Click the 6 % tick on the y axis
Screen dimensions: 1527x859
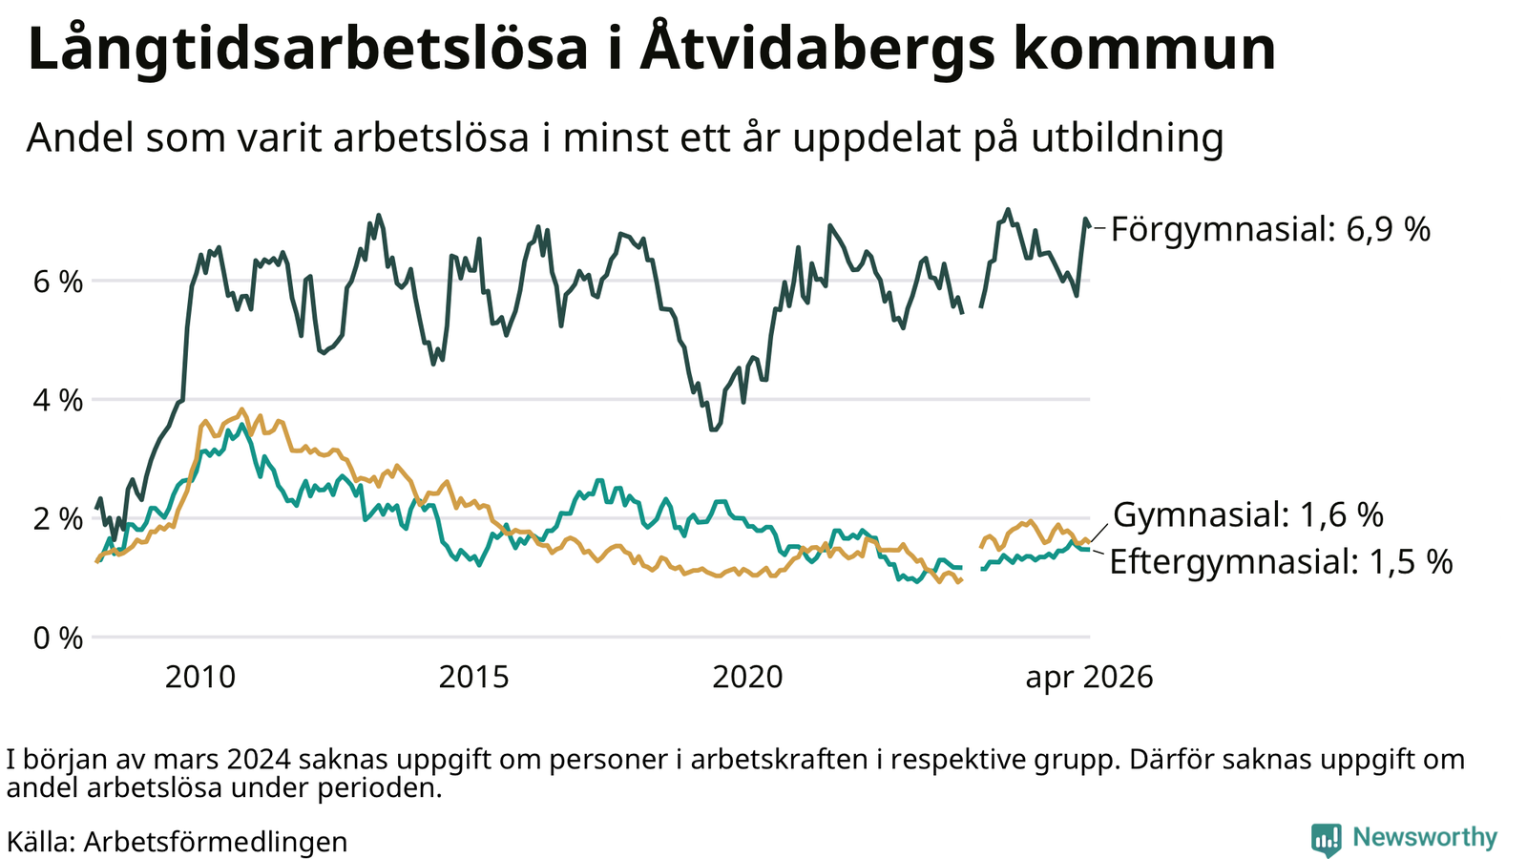pyautogui.click(x=58, y=282)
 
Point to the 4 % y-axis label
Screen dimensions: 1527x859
pyautogui.click(x=58, y=401)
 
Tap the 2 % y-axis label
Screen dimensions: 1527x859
pyautogui.click(x=58, y=519)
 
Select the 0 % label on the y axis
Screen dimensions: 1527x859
pyautogui.click(x=58, y=639)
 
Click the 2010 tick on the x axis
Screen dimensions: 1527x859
pyautogui.click(x=199, y=678)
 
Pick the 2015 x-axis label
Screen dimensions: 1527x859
pyautogui.click(x=473, y=678)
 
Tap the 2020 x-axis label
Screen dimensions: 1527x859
pyautogui.click(x=748, y=678)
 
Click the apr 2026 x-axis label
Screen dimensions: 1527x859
pyautogui.click(x=1089, y=678)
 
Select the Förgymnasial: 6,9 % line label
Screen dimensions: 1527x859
pyautogui.click(x=1270, y=230)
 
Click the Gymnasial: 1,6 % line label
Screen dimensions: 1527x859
pyautogui.click(x=1248, y=514)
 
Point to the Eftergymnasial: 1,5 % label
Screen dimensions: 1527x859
pyautogui.click(x=1281, y=562)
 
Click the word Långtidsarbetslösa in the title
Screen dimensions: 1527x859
pyautogui.click(x=307, y=49)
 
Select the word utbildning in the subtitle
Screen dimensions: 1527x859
pyautogui.click(x=1127, y=138)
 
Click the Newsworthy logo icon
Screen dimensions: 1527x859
pyautogui.click(x=1326, y=839)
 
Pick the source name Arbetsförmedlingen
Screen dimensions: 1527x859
pyautogui.click(x=216, y=842)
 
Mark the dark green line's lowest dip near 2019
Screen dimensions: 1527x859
pyautogui.click(x=713, y=429)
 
